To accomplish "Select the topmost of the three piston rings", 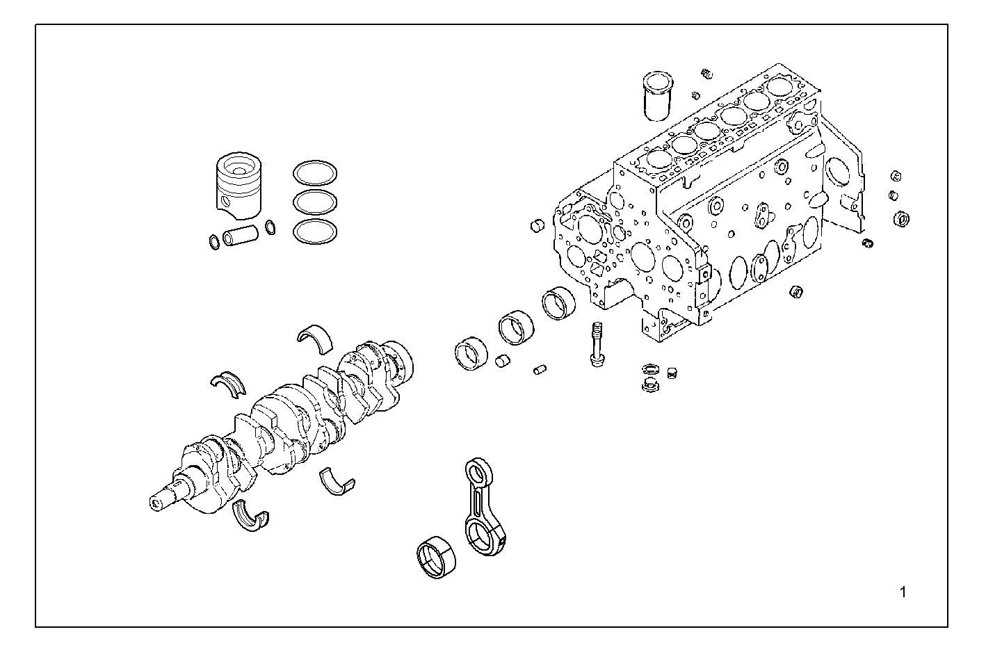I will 314,172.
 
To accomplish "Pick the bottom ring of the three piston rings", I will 314,232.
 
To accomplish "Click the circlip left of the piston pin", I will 214,241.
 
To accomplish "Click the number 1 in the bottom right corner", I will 903,592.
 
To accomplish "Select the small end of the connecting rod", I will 477,473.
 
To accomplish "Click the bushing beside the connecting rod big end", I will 435,559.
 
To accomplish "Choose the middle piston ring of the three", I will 314,202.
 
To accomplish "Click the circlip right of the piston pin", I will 270,227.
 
